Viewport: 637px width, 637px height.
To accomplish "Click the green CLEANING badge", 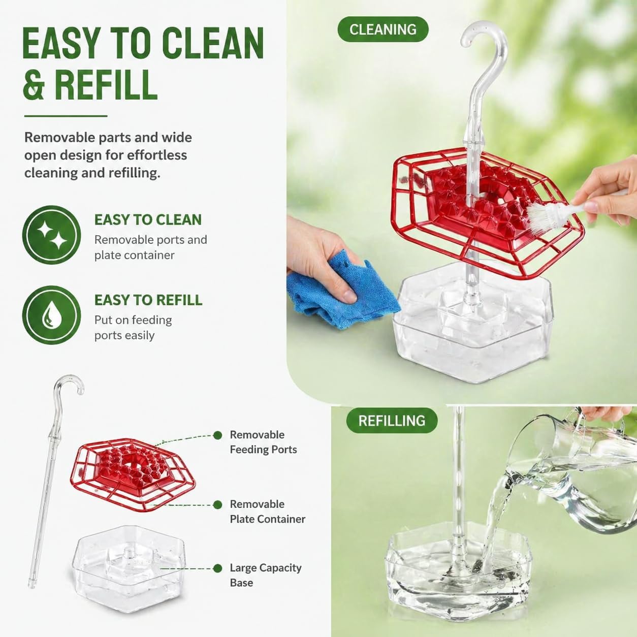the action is (x=383, y=29).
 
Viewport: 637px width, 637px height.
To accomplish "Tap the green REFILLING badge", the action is (x=392, y=421).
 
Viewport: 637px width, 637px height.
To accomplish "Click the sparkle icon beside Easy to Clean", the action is (x=52, y=235).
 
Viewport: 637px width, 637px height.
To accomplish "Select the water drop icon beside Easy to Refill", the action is (x=52, y=315).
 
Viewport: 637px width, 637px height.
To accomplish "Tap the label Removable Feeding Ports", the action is (x=263, y=442).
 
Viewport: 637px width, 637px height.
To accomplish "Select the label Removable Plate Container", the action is (x=267, y=512).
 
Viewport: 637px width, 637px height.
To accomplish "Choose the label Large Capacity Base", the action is (x=266, y=575).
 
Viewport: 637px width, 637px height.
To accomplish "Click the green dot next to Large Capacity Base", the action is (x=217, y=568).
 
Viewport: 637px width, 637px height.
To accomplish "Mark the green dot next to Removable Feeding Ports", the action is (x=217, y=435).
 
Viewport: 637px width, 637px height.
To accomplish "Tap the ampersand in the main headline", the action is (x=34, y=84).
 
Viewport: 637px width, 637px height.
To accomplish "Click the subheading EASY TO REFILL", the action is (x=148, y=300).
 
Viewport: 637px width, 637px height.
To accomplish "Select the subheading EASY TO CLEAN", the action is (x=148, y=220).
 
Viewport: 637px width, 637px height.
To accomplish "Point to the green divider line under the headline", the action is (x=66, y=116).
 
